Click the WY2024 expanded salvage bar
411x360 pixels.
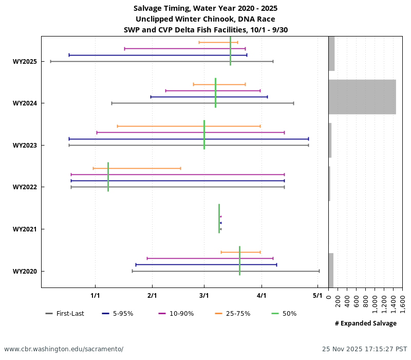tap(362, 97)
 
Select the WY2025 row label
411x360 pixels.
tap(25, 62)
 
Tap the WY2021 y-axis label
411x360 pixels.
tap(25, 229)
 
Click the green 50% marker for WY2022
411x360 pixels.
tap(108, 177)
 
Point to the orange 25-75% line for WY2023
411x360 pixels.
tap(189, 126)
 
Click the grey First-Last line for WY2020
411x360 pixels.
tap(226, 271)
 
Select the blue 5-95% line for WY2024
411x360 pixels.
tap(209, 97)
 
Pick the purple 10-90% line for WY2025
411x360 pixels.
tap(184, 48)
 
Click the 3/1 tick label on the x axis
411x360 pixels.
tap(204, 296)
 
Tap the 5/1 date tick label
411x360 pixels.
tap(317, 296)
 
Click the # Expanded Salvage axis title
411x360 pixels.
tap(365, 323)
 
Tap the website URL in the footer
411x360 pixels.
tap(64, 349)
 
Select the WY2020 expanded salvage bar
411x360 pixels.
tap(331, 270)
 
